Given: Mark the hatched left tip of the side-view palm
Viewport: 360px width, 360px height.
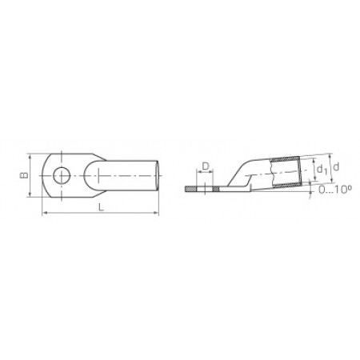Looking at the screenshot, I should coord(190,190).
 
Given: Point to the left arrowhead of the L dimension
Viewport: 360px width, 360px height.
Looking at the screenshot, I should coord(43,214).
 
